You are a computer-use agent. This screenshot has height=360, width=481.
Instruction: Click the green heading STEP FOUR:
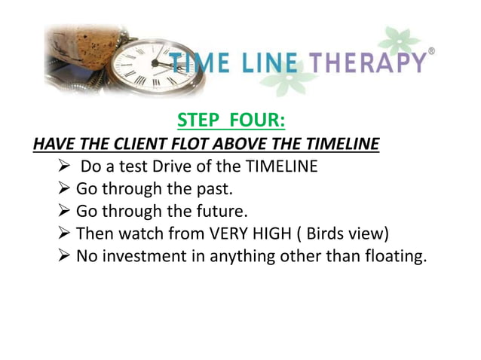coord(230,120)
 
